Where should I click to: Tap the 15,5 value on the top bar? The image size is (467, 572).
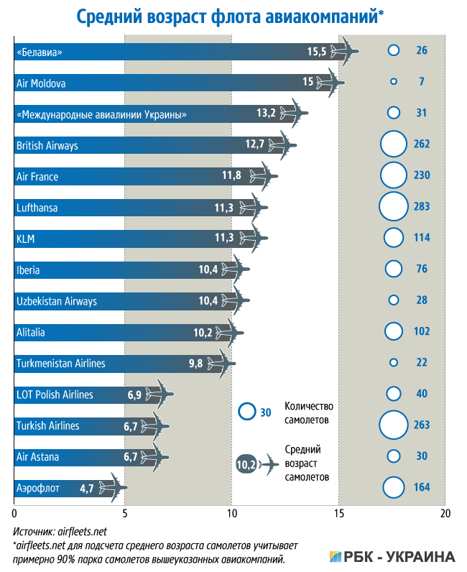click(x=317, y=51)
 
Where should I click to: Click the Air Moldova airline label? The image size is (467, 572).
click(x=41, y=83)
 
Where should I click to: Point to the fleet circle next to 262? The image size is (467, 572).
click(x=393, y=144)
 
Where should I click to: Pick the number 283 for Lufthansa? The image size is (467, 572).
click(x=421, y=207)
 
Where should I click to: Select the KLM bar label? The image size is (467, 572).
click(x=25, y=238)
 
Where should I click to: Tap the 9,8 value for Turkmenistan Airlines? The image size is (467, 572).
click(x=195, y=364)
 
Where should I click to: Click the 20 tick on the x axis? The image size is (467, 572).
click(x=445, y=514)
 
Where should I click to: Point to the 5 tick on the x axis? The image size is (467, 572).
click(x=124, y=514)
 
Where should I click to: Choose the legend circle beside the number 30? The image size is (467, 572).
click(x=246, y=412)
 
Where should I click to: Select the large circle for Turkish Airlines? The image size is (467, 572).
click(x=393, y=425)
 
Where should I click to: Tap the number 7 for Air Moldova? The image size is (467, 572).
click(x=421, y=82)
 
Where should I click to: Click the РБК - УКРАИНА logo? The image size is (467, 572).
click(x=392, y=556)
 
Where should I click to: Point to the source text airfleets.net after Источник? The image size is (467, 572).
click(x=80, y=531)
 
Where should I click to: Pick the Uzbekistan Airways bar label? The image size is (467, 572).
click(x=56, y=301)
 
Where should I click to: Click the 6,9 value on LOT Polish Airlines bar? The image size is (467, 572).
click(x=134, y=395)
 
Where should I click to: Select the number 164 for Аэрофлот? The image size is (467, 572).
click(x=421, y=488)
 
